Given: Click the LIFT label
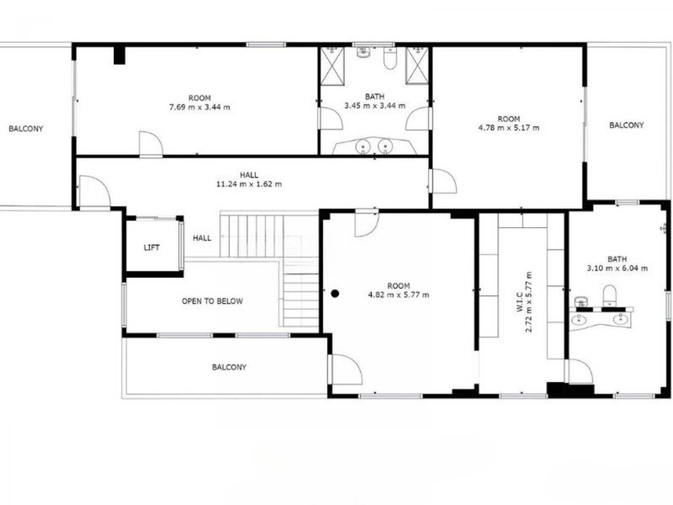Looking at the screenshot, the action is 151,248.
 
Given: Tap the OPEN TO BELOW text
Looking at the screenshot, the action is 212,301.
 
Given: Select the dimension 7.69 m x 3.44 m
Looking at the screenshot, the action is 199,107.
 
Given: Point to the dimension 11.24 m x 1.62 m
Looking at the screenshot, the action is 249,184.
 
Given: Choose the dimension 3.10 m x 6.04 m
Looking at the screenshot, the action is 617,269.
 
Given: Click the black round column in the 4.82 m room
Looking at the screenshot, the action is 335,294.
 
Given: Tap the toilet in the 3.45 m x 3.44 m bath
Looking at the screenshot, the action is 390,58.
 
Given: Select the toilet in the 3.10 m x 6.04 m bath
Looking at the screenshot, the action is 610,296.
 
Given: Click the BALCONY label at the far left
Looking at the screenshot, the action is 26,129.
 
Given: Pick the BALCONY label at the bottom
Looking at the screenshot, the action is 229,367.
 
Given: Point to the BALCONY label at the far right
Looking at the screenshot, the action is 626,125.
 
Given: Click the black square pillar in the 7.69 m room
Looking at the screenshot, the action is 119,55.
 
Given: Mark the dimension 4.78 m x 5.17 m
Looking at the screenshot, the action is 509,128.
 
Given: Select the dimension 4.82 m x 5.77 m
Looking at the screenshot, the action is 398,295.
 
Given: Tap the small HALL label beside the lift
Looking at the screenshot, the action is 202,238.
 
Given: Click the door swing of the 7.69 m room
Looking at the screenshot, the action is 151,143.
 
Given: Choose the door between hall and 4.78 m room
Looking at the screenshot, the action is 444,181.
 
